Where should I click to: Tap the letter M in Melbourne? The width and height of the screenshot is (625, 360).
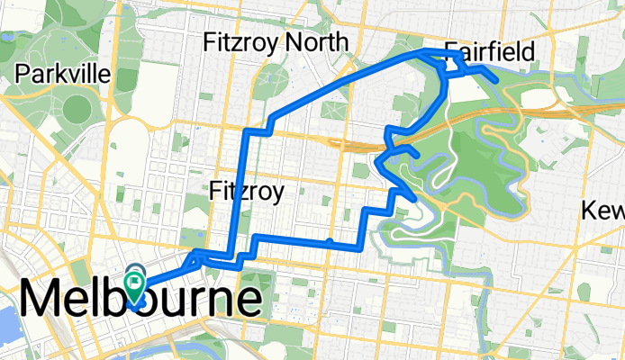click(43, 299)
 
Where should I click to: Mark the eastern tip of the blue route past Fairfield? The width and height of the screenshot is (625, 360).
click(496, 80)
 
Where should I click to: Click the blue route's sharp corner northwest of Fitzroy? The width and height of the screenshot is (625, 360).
click(248, 131)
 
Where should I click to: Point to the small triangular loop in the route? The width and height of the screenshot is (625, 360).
click(456, 63)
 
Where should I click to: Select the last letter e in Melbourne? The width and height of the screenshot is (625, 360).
click(248, 299)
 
